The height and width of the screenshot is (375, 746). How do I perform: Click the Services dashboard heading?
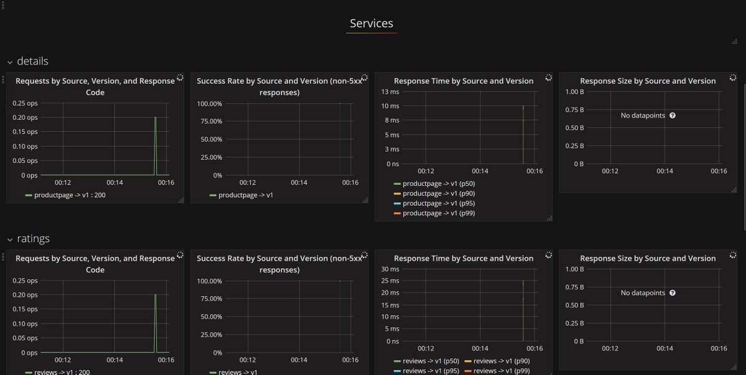(371, 24)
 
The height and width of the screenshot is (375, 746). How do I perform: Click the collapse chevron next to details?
(10, 62)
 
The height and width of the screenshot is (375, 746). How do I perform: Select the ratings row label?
(33, 239)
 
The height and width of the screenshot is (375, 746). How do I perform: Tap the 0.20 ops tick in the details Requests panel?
(25, 118)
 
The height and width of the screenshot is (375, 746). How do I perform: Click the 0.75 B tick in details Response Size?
(576, 110)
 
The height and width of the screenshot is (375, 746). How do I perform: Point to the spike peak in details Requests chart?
(155, 118)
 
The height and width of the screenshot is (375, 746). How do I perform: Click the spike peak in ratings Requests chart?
(155, 295)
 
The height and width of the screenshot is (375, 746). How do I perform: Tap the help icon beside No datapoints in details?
(672, 116)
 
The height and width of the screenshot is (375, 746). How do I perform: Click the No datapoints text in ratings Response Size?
(643, 293)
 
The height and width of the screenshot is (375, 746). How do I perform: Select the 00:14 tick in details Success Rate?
(299, 183)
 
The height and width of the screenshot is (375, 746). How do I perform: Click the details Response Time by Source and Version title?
(463, 81)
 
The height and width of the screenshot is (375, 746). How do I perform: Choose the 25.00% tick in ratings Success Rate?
(210, 335)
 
